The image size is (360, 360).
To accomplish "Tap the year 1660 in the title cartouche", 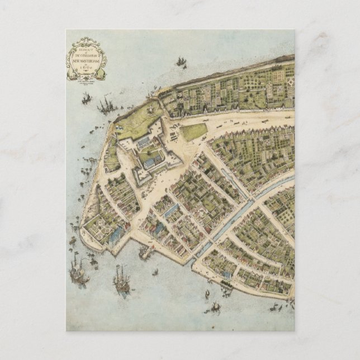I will (87, 66).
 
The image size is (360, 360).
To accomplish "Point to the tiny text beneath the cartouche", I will (87, 79).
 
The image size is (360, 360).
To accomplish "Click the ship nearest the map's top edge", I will (181, 61).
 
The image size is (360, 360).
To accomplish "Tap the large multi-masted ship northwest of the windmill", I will (106, 105).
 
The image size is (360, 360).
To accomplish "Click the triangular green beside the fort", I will (194, 132).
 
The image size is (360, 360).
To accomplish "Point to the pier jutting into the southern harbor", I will (146, 253).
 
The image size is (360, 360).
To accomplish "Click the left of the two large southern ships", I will (78, 274).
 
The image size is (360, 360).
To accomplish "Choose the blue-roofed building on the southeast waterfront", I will (226, 276).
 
